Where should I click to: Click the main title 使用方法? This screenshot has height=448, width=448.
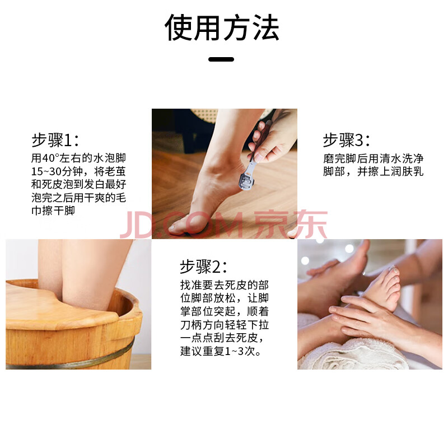[222, 27]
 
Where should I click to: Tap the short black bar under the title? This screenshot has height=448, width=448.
[221, 59]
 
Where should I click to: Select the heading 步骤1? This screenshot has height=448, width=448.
[55, 140]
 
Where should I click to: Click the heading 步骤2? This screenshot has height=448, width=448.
[203, 267]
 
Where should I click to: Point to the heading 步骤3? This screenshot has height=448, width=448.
[347, 140]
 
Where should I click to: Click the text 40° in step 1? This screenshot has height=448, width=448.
[50, 158]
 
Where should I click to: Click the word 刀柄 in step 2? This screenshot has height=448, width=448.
[191, 325]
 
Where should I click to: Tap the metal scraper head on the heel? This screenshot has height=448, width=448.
[246, 179]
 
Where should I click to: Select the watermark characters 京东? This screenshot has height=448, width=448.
[291, 225]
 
